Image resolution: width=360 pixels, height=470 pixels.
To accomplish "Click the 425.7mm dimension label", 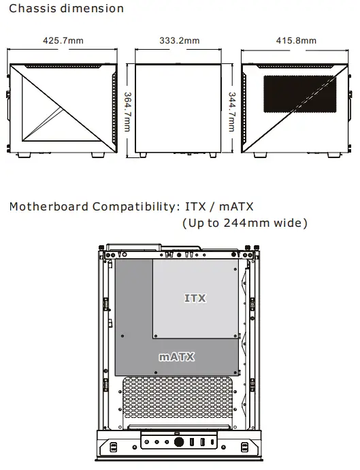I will pyautogui.click(x=63, y=41).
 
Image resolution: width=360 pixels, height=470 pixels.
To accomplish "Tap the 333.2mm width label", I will pyautogui.click(x=180, y=41).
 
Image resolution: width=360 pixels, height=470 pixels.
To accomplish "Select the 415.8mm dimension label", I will pyautogui.click(x=296, y=41).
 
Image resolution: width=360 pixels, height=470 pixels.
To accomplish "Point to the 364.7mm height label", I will pyautogui.click(x=127, y=113).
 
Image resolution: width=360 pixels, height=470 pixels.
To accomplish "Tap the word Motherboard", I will pyautogui.click(x=48, y=206).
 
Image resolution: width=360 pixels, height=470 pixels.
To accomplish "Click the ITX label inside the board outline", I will pyautogui.click(x=195, y=298).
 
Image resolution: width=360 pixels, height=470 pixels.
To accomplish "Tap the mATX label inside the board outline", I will pyautogui.click(x=178, y=356).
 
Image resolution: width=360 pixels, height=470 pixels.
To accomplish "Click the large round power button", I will pyautogui.click(x=180, y=441).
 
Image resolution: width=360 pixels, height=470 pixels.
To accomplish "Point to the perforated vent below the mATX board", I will pyautogui.click(x=180, y=402).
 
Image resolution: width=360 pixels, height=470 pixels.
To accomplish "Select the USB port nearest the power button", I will pyautogui.click(x=193, y=441).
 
